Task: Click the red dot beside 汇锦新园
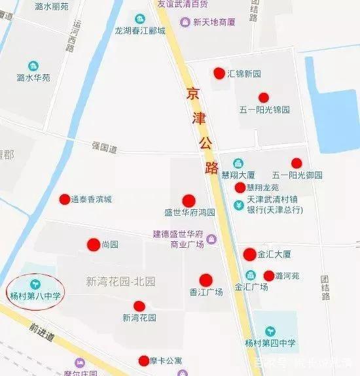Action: coord(219,73)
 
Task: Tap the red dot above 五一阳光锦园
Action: coord(264,97)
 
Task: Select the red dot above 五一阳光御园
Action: coord(297,163)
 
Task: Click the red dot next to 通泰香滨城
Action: coord(64,199)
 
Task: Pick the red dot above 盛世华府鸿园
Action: coord(189,200)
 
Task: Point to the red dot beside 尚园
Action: coord(93,245)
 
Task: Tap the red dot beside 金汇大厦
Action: coord(249,254)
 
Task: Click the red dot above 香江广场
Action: coord(206,280)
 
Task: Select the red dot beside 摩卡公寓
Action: coord(144,360)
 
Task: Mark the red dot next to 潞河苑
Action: coord(269,276)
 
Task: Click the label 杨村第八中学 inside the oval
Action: coord(35,296)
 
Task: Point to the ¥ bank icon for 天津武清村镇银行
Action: coord(240,205)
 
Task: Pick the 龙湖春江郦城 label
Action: coord(140,30)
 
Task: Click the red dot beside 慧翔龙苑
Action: coord(240,188)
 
